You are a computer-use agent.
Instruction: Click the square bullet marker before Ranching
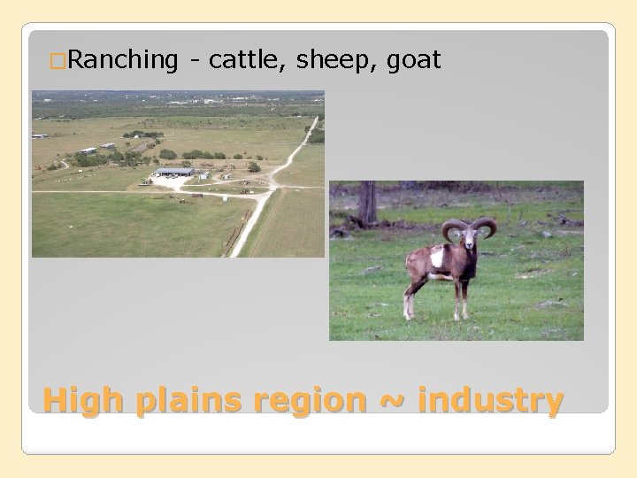point(58,61)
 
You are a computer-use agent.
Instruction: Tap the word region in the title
point(309,401)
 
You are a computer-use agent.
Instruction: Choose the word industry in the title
point(489,401)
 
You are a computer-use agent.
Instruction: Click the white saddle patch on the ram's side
point(438,258)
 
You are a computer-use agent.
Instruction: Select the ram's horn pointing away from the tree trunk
point(487,227)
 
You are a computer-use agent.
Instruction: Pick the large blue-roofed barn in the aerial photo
point(173,172)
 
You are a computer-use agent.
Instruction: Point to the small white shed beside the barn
point(203,174)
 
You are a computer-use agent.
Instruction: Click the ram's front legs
point(463,301)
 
